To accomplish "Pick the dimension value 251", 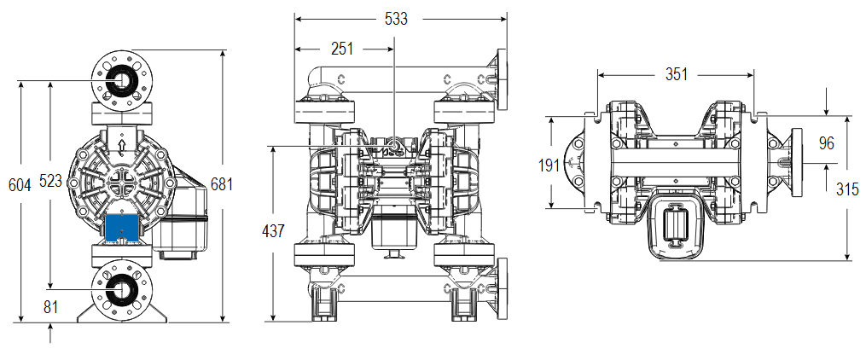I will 341,49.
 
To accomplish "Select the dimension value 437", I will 275,231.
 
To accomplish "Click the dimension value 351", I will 676,75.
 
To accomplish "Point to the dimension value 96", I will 826,142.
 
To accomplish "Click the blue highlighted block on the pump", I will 123,226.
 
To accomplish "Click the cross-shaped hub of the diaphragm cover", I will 122,183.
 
